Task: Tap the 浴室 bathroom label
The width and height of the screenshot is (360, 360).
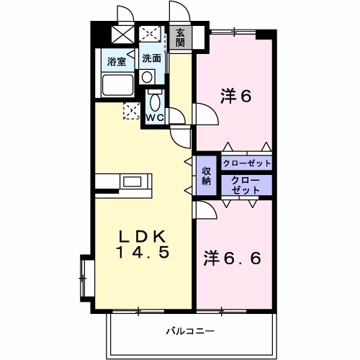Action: click(117, 61)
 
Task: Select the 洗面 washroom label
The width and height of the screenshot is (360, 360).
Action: click(150, 58)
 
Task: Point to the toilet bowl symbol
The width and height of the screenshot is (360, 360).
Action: click(155, 102)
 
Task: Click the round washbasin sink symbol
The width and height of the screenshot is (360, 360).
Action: click(146, 76)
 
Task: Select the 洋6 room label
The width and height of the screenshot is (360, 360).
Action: click(235, 96)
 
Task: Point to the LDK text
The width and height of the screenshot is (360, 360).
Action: click(143, 237)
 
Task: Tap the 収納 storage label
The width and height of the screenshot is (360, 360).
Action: click(206, 175)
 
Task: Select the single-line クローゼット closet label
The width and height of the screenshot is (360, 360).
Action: click(247, 163)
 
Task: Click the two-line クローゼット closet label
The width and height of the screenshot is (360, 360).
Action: click(247, 184)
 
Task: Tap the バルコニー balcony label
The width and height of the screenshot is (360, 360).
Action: click(190, 332)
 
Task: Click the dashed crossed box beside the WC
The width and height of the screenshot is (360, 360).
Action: click(132, 110)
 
